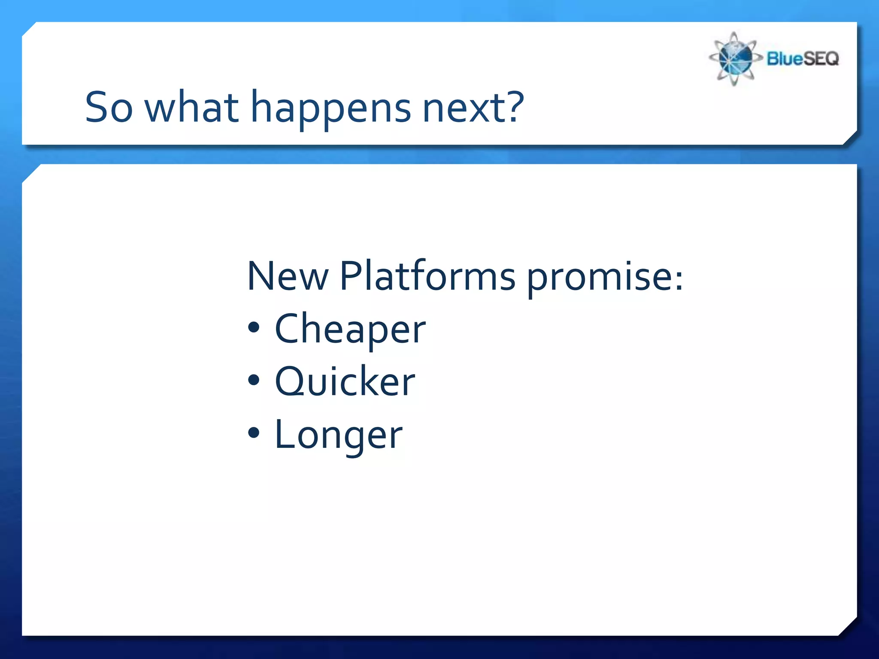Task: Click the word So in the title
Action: [x=109, y=107]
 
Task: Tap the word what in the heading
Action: [x=191, y=107]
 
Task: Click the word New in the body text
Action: [x=288, y=277]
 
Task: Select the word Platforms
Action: [x=427, y=277]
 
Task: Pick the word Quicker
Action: [x=345, y=382]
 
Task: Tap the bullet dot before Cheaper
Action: [x=254, y=327]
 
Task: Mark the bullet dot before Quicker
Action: [x=254, y=380]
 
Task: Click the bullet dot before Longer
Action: [x=254, y=433]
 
